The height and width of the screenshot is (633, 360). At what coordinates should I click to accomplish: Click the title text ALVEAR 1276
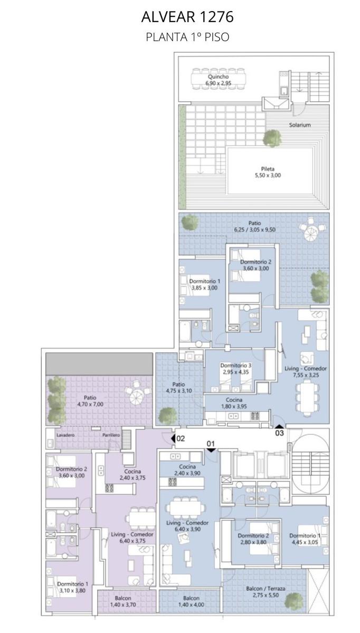[x=187, y=17]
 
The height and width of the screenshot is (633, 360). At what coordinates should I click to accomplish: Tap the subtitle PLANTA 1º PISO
[x=187, y=37]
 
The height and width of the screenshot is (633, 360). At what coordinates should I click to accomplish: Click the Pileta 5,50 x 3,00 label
[x=268, y=172]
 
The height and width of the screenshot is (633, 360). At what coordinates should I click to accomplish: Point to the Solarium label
[x=300, y=124]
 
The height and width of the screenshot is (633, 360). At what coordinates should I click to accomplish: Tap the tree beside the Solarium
[x=272, y=138]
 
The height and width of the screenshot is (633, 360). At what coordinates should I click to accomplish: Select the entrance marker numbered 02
[x=178, y=438]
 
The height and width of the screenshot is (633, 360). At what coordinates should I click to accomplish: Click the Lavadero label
[x=65, y=435]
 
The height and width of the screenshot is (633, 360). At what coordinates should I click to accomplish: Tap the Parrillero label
[x=111, y=435]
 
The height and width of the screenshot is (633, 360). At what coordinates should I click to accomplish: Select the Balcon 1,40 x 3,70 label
[x=123, y=601]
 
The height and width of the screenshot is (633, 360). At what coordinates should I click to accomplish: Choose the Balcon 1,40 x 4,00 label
[x=191, y=601]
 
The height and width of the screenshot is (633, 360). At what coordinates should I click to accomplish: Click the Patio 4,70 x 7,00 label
[x=90, y=401]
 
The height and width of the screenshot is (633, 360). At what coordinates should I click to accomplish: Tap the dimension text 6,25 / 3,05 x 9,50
[x=254, y=229]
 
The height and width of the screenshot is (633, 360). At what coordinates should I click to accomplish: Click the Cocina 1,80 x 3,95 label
[x=234, y=403]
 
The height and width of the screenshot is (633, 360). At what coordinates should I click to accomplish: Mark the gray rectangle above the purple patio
[x=99, y=364]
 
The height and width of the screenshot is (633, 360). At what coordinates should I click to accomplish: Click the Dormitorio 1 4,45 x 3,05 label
[x=305, y=539]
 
